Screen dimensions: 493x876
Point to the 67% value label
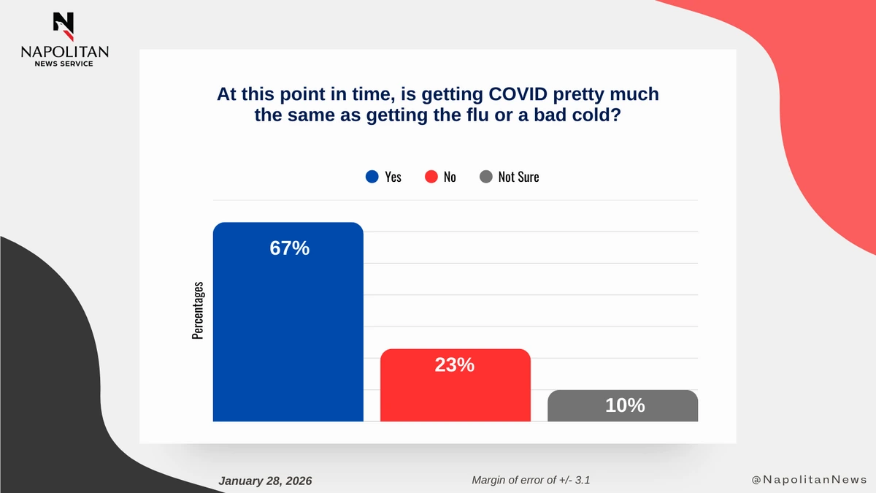click(289, 248)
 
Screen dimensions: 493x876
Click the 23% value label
click(454, 364)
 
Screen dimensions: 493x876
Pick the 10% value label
click(624, 405)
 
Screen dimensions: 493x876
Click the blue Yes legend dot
click(372, 177)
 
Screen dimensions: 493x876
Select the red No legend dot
click(431, 177)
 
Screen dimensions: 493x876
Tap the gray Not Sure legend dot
click(486, 177)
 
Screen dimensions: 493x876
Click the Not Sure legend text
click(518, 177)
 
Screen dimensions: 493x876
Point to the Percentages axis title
click(198, 310)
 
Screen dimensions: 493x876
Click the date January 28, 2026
click(265, 481)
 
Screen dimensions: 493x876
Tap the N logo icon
click(64, 26)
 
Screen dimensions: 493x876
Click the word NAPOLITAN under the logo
click(64, 52)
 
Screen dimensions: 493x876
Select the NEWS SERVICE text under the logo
click(64, 64)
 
